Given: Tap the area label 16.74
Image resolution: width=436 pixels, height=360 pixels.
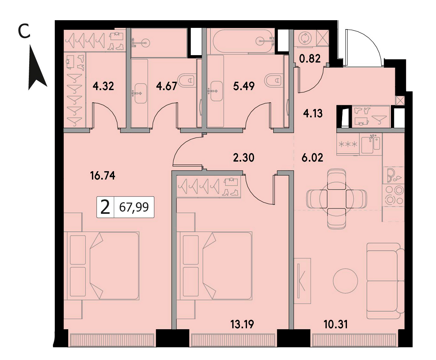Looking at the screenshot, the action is [x=103, y=176].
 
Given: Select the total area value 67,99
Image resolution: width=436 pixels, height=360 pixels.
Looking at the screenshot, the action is [x=134, y=207].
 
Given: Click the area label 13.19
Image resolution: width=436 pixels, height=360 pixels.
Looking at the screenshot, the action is [x=242, y=324].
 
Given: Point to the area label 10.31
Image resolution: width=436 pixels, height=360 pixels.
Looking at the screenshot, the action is [x=336, y=324].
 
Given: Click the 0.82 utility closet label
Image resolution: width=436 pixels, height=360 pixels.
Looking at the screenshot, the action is [x=310, y=59].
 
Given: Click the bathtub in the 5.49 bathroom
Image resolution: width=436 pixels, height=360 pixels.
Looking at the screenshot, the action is [x=243, y=41].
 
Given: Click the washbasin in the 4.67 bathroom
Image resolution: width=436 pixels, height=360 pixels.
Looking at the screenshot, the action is [x=141, y=93].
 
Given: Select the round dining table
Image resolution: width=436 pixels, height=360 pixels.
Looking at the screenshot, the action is [x=336, y=199].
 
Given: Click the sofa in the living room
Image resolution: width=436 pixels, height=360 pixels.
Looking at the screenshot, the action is [x=385, y=281].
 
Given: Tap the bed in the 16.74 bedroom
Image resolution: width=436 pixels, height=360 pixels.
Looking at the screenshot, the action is [x=102, y=266].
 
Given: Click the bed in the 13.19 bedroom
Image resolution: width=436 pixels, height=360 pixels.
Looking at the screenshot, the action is [x=214, y=266].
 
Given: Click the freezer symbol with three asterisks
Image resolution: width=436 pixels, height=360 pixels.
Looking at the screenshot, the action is [x=348, y=144].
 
